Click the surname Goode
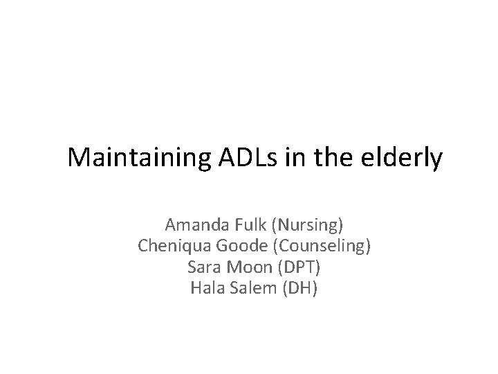coord(236,246)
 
